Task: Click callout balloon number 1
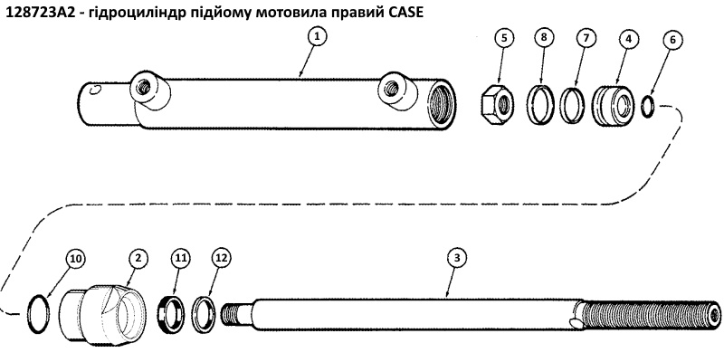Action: point(316,37)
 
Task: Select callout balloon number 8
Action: point(542,39)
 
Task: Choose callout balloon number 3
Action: point(458,259)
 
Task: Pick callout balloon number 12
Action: point(219,259)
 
